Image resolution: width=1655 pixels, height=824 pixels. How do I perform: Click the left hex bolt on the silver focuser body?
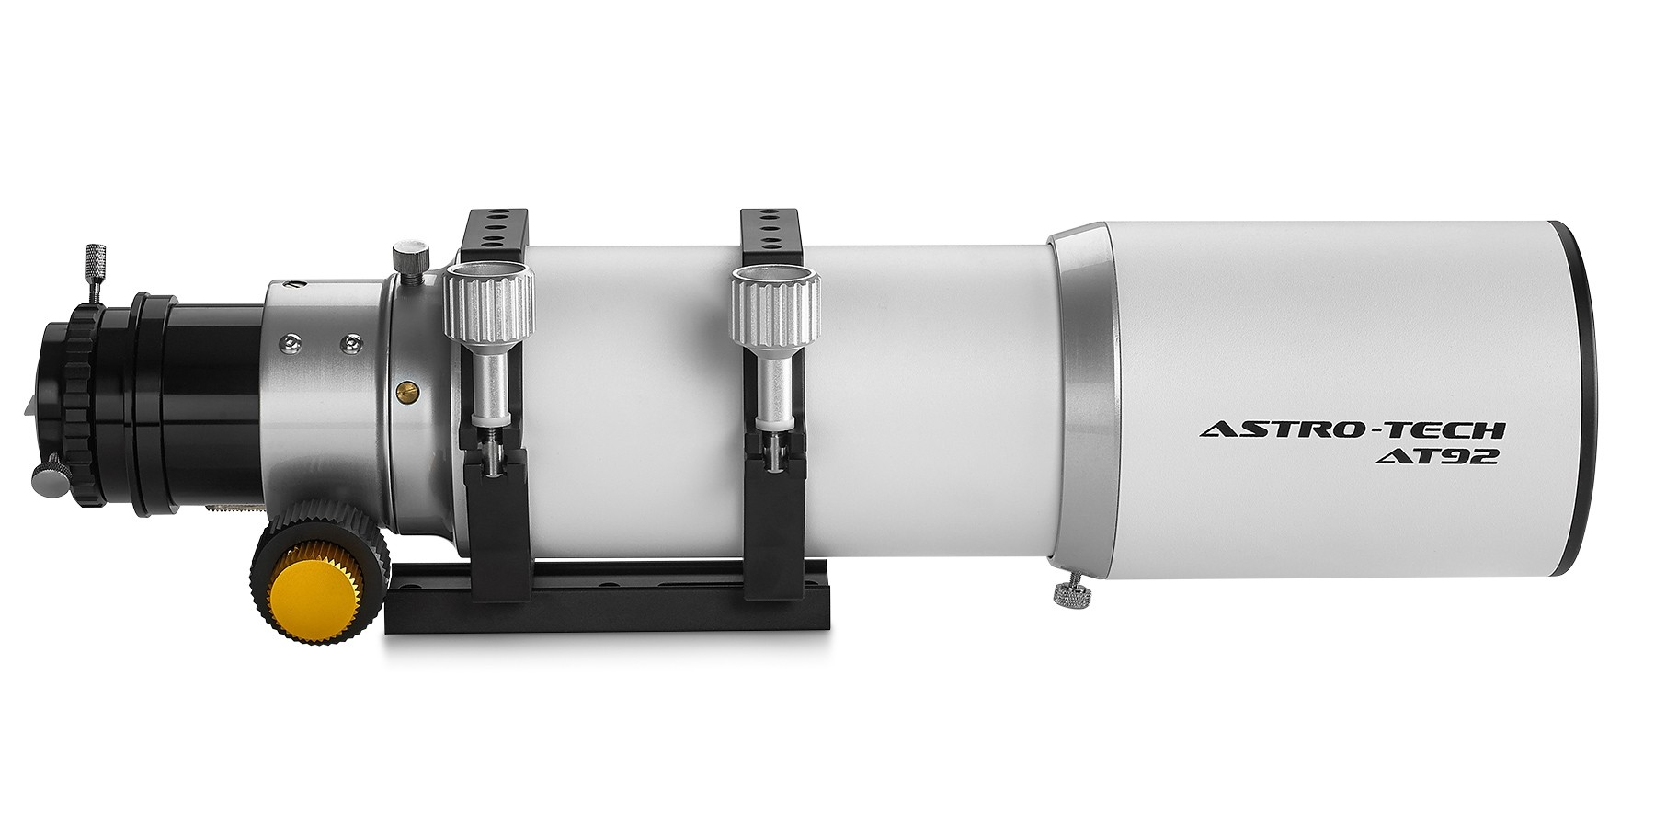(x=291, y=342)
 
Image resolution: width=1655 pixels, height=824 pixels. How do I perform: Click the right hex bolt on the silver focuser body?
(x=348, y=343)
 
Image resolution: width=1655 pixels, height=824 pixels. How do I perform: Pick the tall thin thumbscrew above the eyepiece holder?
(x=94, y=267)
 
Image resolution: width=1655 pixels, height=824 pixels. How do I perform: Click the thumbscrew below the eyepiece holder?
(x=46, y=476)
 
